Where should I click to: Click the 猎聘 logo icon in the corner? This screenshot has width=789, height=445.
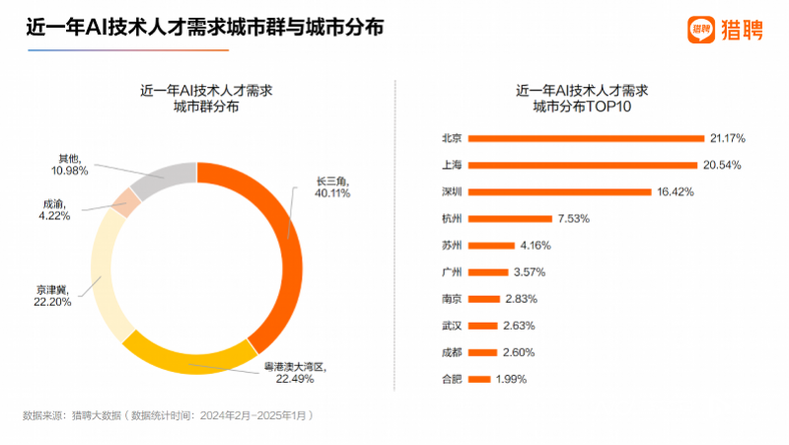[x=701, y=30]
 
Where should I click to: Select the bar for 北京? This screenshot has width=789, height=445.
[x=587, y=138]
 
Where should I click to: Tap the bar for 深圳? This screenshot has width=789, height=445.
[x=560, y=191]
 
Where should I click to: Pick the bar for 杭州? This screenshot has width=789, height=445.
[x=510, y=218]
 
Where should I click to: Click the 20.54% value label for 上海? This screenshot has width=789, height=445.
[x=722, y=165]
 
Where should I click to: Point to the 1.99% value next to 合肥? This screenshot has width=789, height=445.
[x=511, y=379]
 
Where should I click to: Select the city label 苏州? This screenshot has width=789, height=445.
[x=452, y=245]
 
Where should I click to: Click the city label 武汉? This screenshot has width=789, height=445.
[x=452, y=326]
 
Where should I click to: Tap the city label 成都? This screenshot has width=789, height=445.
[x=452, y=352]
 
